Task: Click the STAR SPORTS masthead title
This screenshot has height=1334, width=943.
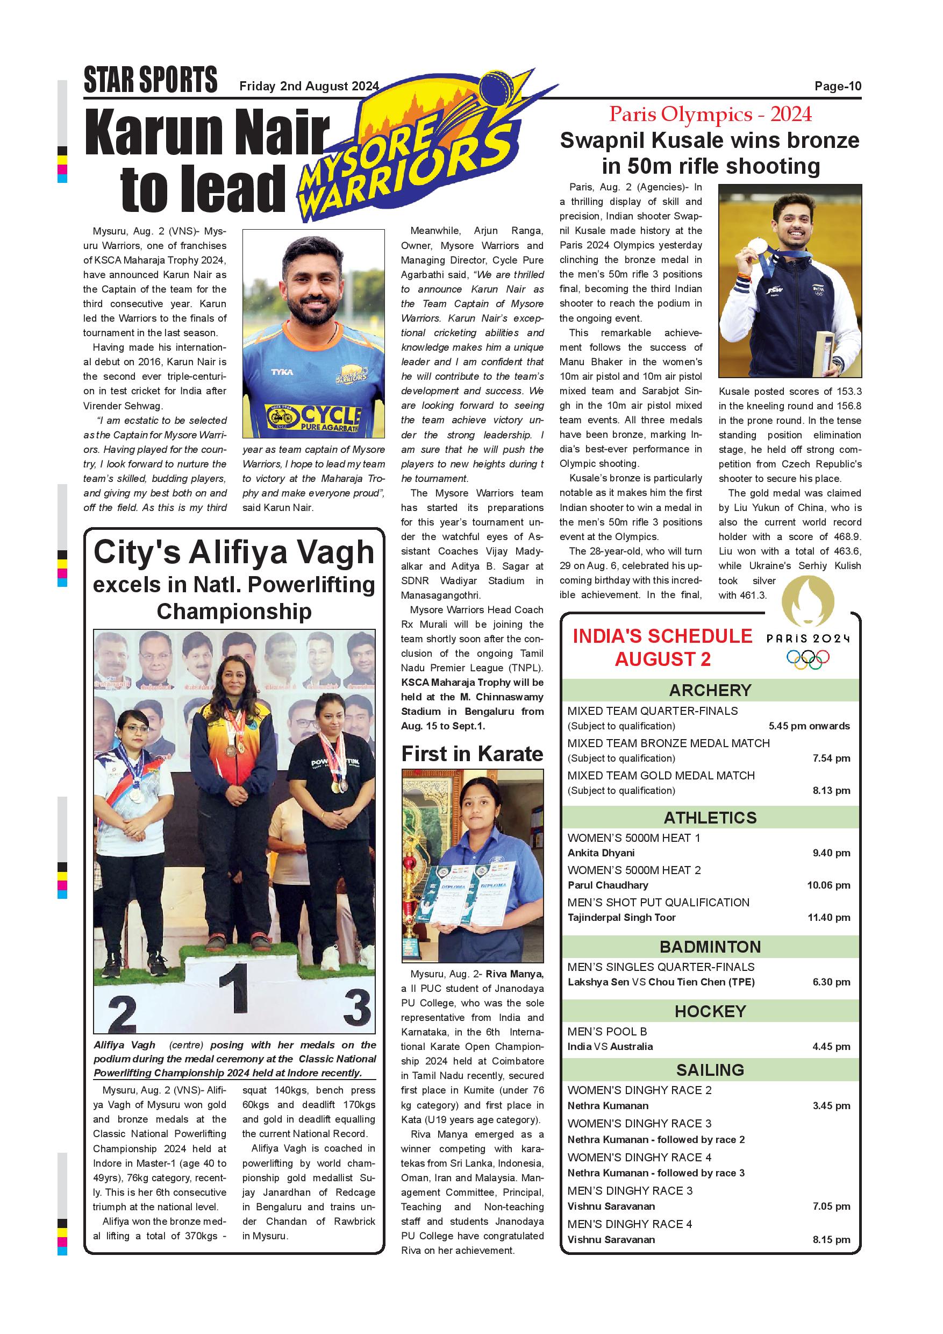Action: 151,80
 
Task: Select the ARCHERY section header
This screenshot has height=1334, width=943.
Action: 710,690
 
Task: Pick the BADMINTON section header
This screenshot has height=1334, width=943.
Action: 710,947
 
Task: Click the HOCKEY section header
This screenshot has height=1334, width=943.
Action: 710,1012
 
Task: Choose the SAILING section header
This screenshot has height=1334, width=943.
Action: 710,1070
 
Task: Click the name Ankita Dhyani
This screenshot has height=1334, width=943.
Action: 601,853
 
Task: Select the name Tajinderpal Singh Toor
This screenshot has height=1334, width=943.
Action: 621,918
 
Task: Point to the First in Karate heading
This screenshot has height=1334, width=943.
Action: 472,754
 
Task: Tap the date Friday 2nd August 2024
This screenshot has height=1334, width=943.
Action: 309,87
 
